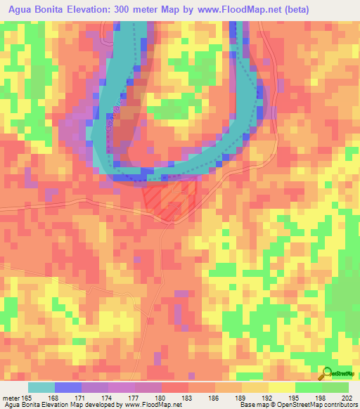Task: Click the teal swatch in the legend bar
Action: [41, 387]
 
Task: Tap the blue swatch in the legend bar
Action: [67, 387]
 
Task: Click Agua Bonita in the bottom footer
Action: [23, 405]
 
